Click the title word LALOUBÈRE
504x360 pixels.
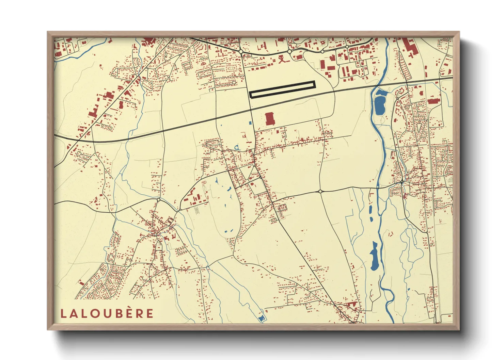tap(107, 313)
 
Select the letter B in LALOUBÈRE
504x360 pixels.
tap(117, 313)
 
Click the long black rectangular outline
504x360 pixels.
tap(282, 89)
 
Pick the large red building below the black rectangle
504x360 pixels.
tap(269, 119)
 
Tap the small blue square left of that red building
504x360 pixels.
tap(250, 123)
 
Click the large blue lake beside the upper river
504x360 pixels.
tap(379, 104)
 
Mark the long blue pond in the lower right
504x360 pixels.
tap(374, 256)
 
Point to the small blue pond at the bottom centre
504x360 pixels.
tap(261, 318)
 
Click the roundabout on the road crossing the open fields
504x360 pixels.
tap(320, 192)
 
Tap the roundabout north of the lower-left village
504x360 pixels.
tap(158, 200)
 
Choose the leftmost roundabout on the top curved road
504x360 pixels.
tap(241, 51)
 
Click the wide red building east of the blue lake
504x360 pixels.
tap(433, 101)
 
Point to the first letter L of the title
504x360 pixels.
tap(63, 313)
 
